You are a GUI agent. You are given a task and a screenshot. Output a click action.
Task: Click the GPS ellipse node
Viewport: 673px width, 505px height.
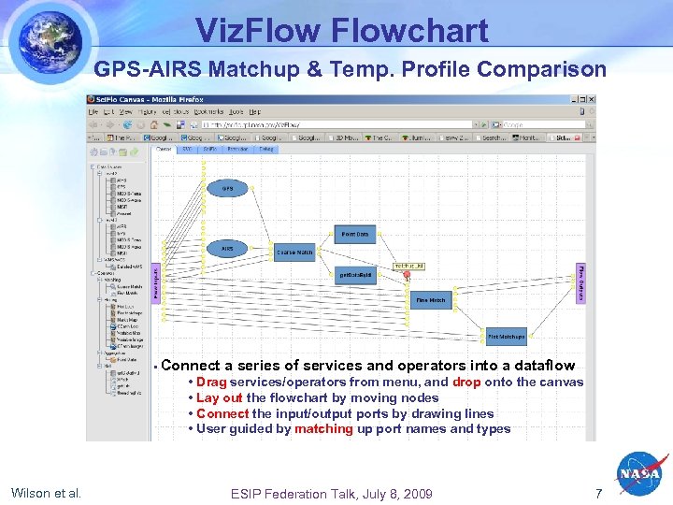[x=227, y=188]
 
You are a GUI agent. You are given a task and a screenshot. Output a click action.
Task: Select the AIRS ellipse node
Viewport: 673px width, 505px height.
[x=227, y=249]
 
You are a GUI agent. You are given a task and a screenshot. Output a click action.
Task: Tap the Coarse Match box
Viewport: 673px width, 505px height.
[x=294, y=252]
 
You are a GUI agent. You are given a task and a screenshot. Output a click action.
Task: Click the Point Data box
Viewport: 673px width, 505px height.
[x=354, y=234]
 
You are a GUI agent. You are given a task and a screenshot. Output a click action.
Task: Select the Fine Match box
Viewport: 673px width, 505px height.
[x=431, y=300]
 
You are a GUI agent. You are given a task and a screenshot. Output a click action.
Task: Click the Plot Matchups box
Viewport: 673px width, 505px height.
[x=506, y=336]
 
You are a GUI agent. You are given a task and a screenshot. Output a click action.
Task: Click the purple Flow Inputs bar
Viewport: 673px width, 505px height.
[x=156, y=281]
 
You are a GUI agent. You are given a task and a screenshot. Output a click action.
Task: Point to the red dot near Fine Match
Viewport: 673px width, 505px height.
[x=407, y=275]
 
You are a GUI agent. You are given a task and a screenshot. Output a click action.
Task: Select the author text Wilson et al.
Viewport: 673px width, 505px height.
[x=46, y=493]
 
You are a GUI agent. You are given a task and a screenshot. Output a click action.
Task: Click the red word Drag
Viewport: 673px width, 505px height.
[x=211, y=382]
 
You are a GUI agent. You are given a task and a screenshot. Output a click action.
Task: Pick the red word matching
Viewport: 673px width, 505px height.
[x=323, y=429]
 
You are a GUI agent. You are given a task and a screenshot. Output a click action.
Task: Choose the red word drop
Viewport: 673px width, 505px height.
[x=467, y=382]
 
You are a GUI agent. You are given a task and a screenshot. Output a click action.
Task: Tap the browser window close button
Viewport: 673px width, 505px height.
[x=591, y=99]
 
